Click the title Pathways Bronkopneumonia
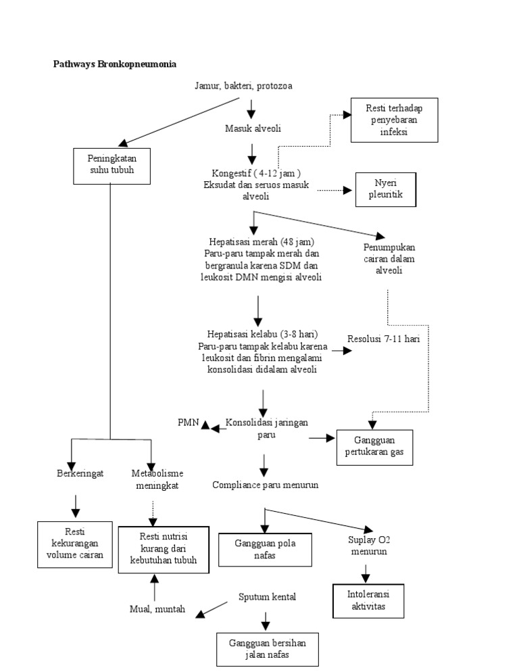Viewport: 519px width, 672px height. tap(115, 64)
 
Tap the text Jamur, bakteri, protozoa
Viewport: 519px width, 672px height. tap(243, 86)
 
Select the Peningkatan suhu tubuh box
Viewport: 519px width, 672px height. tap(110, 164)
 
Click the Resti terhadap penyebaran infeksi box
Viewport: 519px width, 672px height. tap(394, 120)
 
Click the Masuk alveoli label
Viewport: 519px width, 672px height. tap(253, 128)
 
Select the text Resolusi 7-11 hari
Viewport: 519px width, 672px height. tap(383, 339)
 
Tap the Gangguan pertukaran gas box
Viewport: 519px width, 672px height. tap(374, 446)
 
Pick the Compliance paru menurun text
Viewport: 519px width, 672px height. tap(265, 485)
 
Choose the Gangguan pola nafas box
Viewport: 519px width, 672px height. tap(265, 549)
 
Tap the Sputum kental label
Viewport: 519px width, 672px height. tap(267, 596)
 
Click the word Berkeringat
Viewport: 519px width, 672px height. tap(80, 473)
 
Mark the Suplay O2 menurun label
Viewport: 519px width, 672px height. tap(368, 545)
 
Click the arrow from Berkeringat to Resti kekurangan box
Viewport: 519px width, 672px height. tap(76, 506)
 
